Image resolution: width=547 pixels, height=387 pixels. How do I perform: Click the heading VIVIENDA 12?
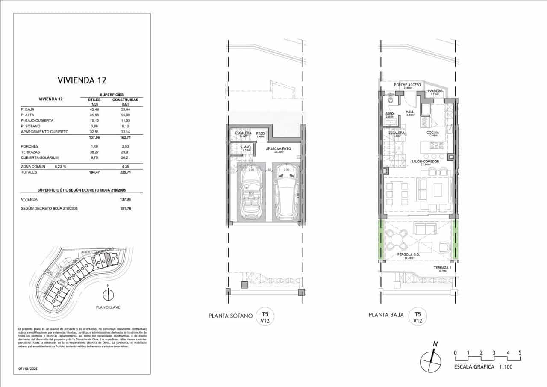(x=82, y=80)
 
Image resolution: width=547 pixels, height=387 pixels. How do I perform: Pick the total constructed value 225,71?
(x=127, y=172)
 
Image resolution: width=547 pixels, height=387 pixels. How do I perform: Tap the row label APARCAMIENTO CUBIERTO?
(x=44, y=132)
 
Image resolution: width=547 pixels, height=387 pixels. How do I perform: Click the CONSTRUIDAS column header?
(x=127, y=100)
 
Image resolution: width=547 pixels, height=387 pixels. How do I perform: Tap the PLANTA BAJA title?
(x=386, y=315)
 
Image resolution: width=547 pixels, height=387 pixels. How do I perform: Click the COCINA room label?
(x=433, y=133)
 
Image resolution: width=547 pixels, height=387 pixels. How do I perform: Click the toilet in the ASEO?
(x=389, y=98)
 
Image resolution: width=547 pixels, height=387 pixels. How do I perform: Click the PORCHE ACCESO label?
(x=407, y=85)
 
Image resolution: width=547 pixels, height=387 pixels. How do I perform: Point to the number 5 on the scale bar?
(x=520, y=353)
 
